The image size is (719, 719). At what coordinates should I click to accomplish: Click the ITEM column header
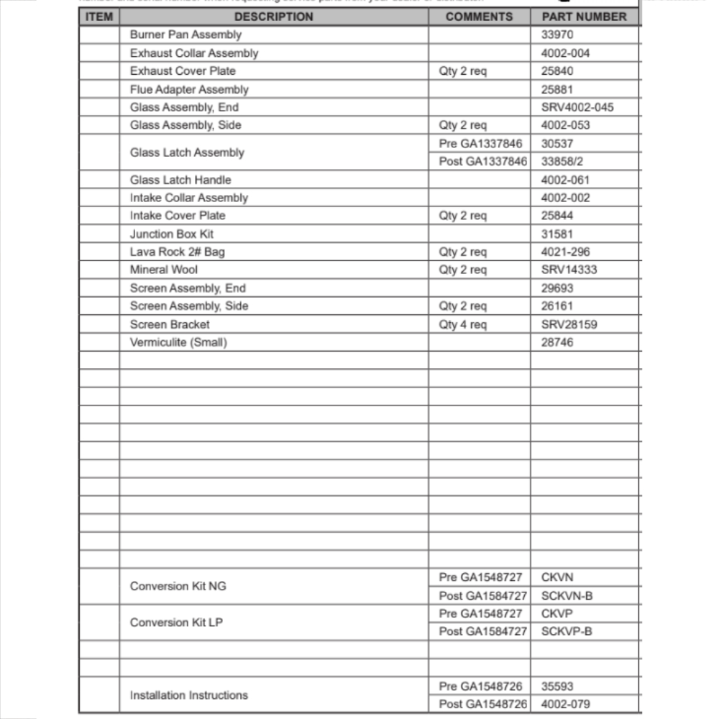99,17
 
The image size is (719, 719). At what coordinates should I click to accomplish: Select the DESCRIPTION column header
273,17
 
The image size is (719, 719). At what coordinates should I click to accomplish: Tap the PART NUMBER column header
584,17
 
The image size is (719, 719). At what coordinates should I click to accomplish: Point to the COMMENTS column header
479,17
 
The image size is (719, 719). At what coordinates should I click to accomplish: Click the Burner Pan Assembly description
186,35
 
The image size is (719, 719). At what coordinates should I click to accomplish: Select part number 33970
557,35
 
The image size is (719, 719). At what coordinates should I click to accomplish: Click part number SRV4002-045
577,107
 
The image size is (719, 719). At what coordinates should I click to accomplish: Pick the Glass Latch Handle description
180,180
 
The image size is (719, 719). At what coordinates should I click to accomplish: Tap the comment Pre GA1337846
480,144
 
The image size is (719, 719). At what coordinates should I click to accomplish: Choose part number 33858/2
562,162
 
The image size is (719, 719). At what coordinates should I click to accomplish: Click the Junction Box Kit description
171,234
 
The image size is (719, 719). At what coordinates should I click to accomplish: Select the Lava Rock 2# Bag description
177,252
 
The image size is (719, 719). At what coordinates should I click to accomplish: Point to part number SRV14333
569,270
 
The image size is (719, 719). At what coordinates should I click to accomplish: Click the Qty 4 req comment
462,324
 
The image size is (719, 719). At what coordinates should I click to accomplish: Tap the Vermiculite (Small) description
178,342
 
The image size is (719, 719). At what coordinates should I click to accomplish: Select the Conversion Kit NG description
178,586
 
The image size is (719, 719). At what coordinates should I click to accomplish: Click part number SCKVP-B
567,631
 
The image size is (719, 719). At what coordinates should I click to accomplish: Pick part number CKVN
557,577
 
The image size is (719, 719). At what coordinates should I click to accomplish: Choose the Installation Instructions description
188,695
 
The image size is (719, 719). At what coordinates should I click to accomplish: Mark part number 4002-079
565,704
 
